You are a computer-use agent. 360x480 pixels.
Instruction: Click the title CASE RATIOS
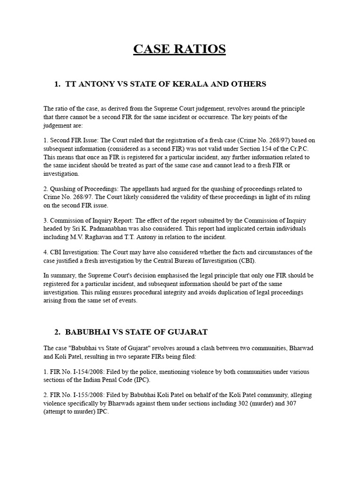(180, 49)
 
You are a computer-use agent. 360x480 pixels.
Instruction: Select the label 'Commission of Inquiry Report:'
(92, 220)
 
